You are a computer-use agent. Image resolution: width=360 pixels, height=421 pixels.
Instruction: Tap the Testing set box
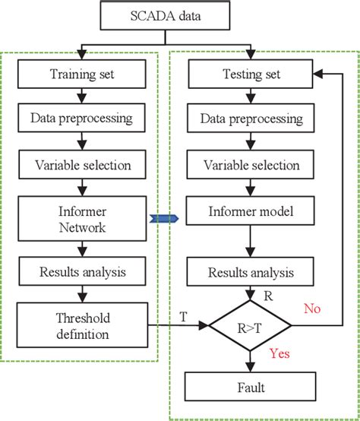point(250,74)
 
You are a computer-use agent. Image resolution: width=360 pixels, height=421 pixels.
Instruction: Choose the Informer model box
point(250,212)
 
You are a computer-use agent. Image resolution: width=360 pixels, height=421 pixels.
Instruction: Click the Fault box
point(250,388)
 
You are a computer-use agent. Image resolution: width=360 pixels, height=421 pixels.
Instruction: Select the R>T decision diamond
point(250,328)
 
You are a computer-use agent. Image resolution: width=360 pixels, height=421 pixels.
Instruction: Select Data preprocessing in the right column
point(250,119)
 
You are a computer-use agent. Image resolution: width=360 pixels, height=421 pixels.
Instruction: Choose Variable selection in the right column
point(250,165)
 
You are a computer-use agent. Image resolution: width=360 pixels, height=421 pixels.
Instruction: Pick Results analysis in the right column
point(250,271)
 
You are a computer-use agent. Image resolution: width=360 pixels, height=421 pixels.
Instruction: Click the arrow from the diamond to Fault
point(250,362)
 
